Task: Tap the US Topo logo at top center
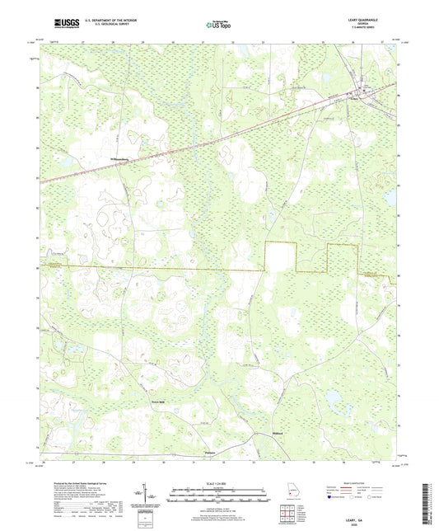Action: coord(218,26)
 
